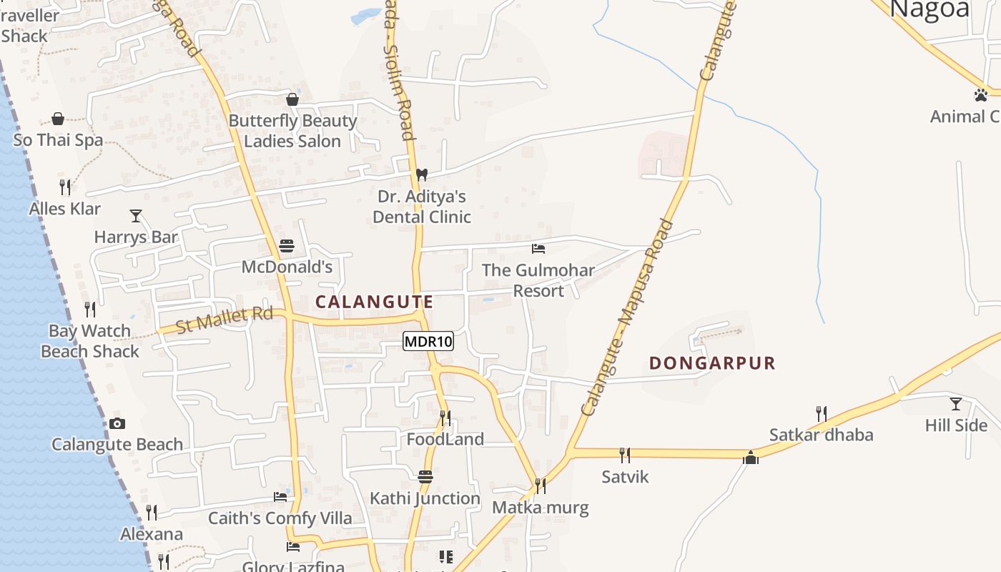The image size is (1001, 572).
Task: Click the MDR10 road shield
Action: (428, 342)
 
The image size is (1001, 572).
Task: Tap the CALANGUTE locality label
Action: (374, 302)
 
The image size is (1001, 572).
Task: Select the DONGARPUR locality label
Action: (712, 363)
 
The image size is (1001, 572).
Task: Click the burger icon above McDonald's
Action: (287, 246)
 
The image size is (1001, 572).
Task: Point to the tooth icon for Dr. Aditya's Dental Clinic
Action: (422, 174)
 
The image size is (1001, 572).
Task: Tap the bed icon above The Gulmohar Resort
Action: (538, 249)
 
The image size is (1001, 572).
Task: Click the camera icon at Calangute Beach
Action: (117, 423)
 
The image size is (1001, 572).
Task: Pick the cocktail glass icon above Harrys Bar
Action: (136, 215)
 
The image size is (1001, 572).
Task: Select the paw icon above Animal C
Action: (980, 94)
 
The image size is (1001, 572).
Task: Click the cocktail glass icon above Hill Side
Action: (955, 404)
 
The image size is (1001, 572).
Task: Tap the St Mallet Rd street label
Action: (225, 319)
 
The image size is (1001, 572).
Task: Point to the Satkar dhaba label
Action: (821, 435)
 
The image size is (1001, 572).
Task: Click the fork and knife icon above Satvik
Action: (625, 455)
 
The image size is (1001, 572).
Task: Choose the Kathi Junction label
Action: (425, 498)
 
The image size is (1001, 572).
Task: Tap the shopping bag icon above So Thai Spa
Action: (58, 119)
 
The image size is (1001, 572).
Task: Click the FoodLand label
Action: (445, 439)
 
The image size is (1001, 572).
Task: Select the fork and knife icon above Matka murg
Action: (541, 486)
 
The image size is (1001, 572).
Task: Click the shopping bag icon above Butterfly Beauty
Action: (292, 99)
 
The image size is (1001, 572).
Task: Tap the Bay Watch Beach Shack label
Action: (90, 341)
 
